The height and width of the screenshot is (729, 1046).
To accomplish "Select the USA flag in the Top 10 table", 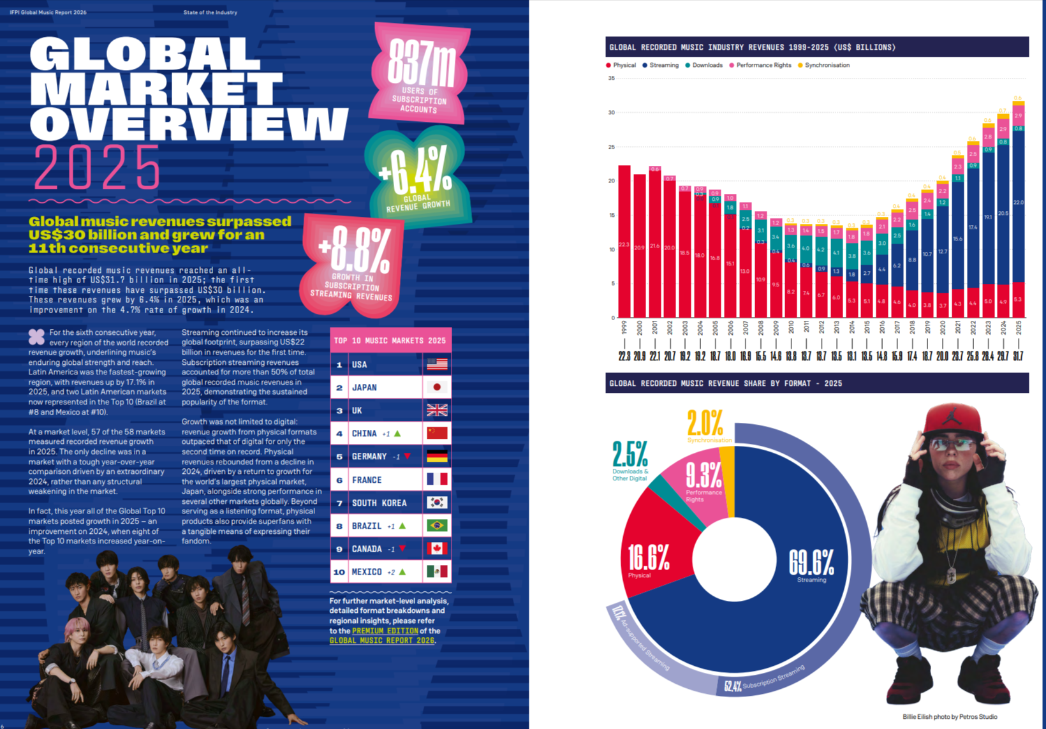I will pyautogui.click(x=437, y=364).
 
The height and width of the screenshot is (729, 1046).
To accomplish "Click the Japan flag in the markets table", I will pyautogui.click(x=437, y=387).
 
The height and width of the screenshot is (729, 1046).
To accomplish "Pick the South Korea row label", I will pyautogui.click(x=379, y=503).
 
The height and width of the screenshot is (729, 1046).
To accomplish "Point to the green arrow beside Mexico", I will pyautogui.click(x=402, y=572).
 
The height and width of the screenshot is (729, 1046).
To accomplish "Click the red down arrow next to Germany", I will pyautogui.click(x=408, y=456).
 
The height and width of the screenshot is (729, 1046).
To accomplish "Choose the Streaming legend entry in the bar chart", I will pyautogui.click(x=663, y=65).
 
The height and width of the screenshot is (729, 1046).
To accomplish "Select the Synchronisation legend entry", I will pyautogui.click(x=827, y=65).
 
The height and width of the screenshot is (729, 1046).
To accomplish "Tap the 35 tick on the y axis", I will pyautogui.click(x=612, y=78).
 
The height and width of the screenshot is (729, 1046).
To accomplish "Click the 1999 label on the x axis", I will pyautogui.click(x=624, y=328).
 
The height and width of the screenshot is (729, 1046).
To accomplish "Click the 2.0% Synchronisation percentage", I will pyautogui.click(x=705, y=423).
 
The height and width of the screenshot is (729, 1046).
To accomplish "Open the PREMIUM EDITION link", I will pyautogui.click(x=385, y=631).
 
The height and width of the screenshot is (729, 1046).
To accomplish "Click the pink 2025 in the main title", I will pyautogui.click(x=97, y=167).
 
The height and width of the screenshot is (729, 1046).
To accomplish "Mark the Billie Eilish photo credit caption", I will pyautogui.click(x=950, y=717).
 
